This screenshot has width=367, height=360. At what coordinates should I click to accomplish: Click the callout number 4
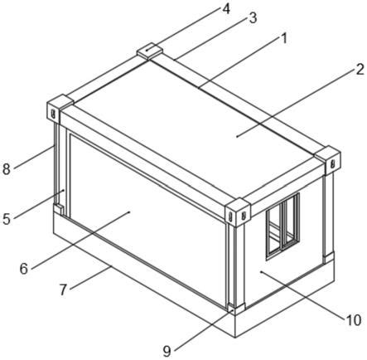[226, 9]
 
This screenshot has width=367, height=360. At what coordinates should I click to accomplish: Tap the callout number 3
[253, 17]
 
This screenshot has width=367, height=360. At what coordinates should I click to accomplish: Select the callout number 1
[284, 38]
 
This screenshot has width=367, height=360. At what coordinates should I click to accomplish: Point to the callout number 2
[360, 70]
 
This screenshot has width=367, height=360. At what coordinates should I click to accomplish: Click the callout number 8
[7, 169]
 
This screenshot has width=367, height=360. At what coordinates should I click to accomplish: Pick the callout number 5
[7, 219]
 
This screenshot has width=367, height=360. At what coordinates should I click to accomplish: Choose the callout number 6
[24, 268]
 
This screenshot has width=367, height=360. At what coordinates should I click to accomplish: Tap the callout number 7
[63, 290]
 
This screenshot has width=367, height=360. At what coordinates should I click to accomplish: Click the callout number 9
[167, 352]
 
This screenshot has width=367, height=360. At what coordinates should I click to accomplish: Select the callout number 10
[353, 320]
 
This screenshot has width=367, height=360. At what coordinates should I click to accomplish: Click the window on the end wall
[282, 226]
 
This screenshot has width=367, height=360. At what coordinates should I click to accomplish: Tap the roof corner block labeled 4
[150, 51]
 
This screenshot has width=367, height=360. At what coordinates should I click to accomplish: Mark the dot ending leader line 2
[237, 136]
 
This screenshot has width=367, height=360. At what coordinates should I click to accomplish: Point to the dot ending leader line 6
[130, 212]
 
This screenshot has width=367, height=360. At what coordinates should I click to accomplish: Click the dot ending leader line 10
[261, 272]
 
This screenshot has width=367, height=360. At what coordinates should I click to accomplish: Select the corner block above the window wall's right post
[328, 160]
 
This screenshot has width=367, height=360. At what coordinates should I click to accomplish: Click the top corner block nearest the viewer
[237, 212]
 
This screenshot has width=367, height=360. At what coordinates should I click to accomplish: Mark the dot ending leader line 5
[64, 190]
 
